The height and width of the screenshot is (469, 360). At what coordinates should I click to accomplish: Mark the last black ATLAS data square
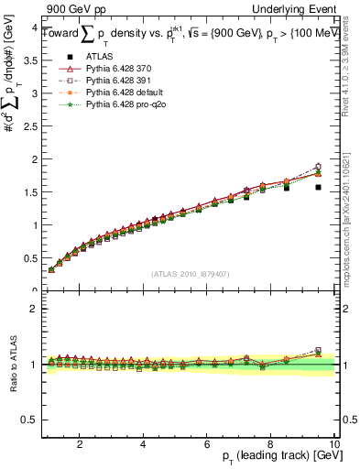pos(318,187)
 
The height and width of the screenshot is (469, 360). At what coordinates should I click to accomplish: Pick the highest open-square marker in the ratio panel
pos(318,350)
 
